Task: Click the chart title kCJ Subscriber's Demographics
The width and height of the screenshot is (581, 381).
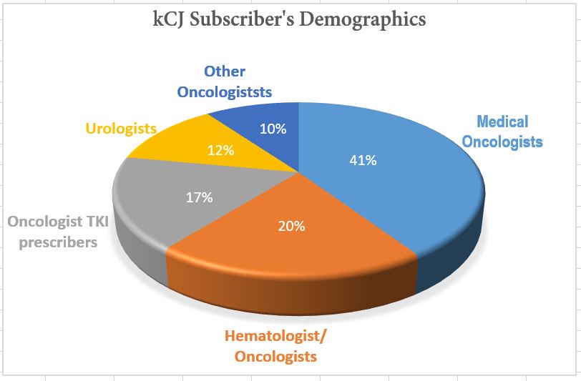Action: tap(290, 19)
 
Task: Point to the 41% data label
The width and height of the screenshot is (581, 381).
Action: tap(363, 161)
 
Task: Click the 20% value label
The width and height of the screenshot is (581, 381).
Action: tap(291, 227)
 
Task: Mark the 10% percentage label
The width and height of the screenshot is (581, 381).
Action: tap(273, 129)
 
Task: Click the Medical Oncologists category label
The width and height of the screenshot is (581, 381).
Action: tap(502, 131)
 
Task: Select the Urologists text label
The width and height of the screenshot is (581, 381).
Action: tap(121, 129)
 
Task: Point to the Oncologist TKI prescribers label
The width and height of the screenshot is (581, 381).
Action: tap(58, 232)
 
